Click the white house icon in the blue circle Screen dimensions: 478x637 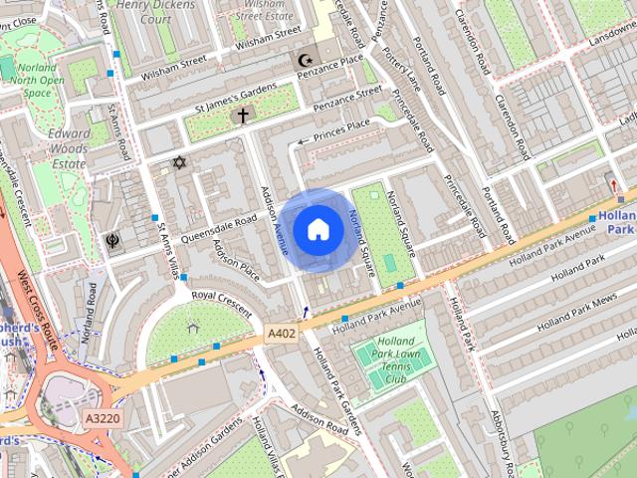318,230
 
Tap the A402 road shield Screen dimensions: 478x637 282,334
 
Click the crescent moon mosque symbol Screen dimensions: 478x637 306,61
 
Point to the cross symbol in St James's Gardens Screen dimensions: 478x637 241,117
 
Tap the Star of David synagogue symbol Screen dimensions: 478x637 179,162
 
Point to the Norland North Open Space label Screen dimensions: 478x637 37,81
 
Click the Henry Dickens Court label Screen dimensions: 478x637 155,11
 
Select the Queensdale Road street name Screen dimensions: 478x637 219,228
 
